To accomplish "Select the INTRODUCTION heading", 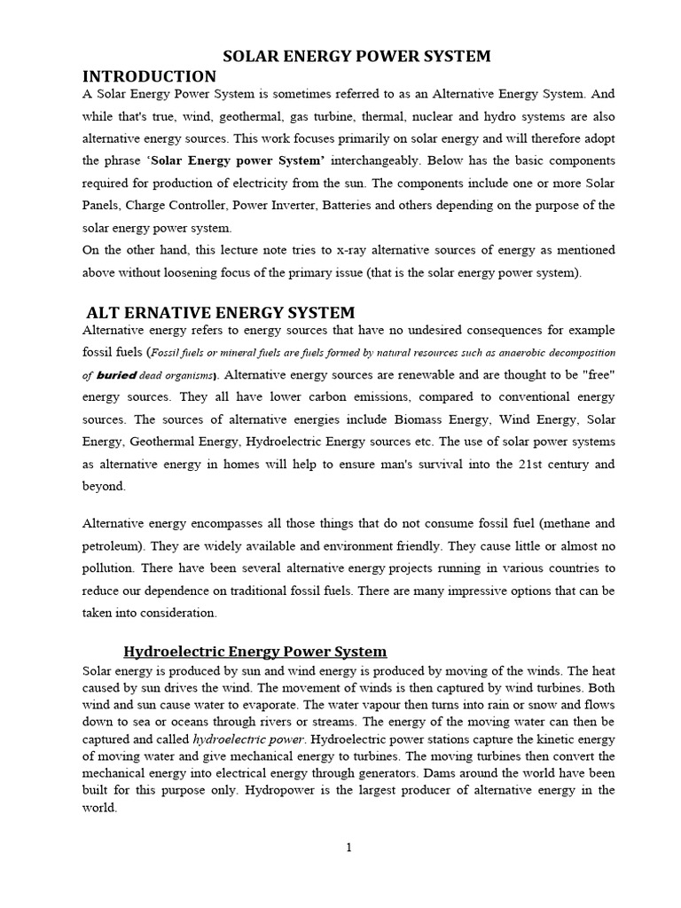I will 149,76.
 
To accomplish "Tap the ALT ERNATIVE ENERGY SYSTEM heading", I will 220,312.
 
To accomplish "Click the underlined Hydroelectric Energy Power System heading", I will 255,652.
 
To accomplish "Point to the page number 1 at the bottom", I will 349,848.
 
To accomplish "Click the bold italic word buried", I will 117,375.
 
